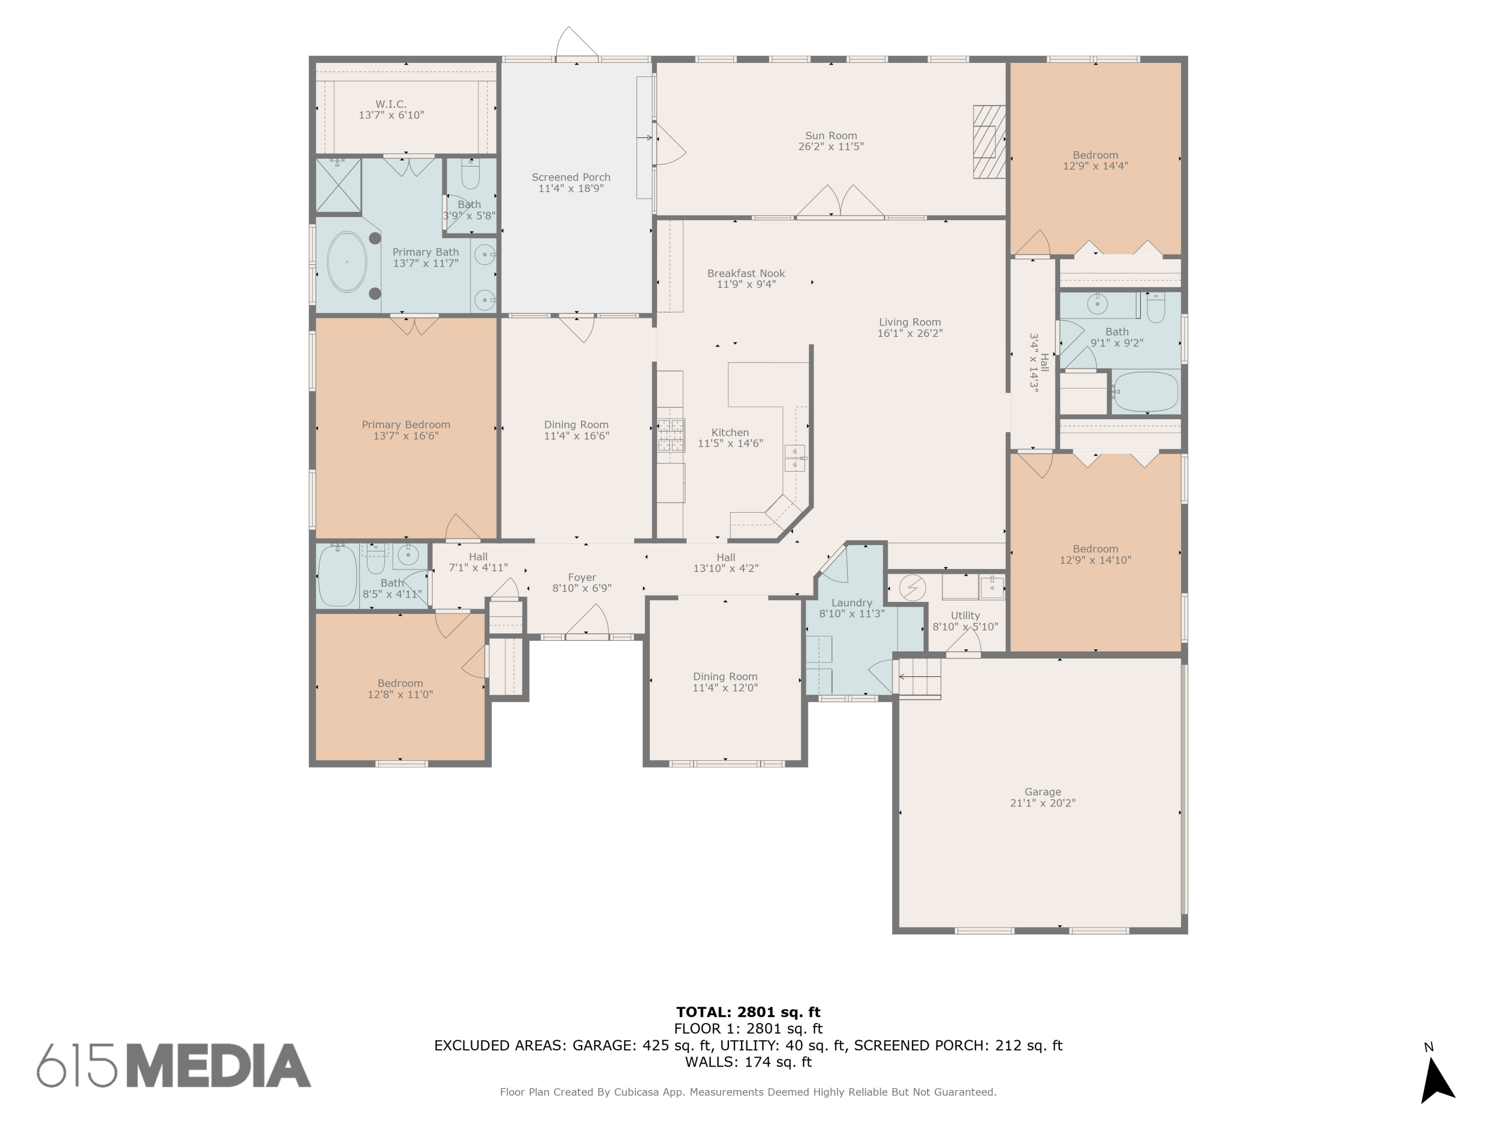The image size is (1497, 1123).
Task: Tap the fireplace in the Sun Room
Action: click(989, 142)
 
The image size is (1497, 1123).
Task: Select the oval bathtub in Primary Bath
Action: click(346, 262)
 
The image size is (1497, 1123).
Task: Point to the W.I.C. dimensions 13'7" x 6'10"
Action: click(391, 116)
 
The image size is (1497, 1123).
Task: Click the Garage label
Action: click(1042, 792)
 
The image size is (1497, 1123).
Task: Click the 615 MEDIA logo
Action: click(174, 1066)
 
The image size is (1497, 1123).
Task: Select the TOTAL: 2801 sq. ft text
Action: click(748, 1012)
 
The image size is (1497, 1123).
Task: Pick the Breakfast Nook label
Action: click(746, 274)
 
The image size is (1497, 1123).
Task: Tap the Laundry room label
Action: click(851, 603)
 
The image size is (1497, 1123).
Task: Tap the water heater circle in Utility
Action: click(912, 587)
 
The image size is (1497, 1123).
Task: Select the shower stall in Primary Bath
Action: click(338, 185)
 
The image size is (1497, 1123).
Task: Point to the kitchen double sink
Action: click(794, 458)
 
